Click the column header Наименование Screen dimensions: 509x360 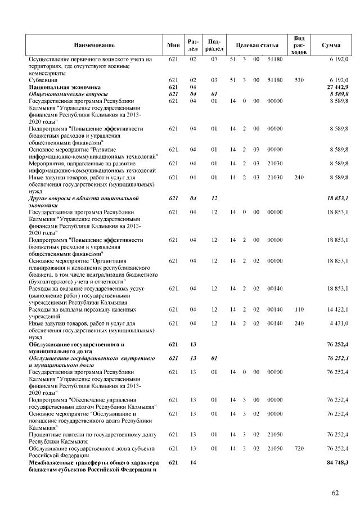click(93, 44)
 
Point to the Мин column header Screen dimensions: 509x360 click(173, 44)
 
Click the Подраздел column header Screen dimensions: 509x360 click(214, 44)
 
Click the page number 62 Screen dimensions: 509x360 click(335, 493)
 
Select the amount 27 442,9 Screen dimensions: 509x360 click(337, 87)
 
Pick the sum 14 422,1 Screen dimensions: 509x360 click(337, 310)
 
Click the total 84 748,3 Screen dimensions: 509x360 click(337, 462)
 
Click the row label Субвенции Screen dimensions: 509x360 click(42, 80)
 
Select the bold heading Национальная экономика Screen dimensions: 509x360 click(65, 87)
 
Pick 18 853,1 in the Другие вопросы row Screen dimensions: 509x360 click(337, 199)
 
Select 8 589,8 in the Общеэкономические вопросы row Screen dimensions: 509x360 click(339, 94)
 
